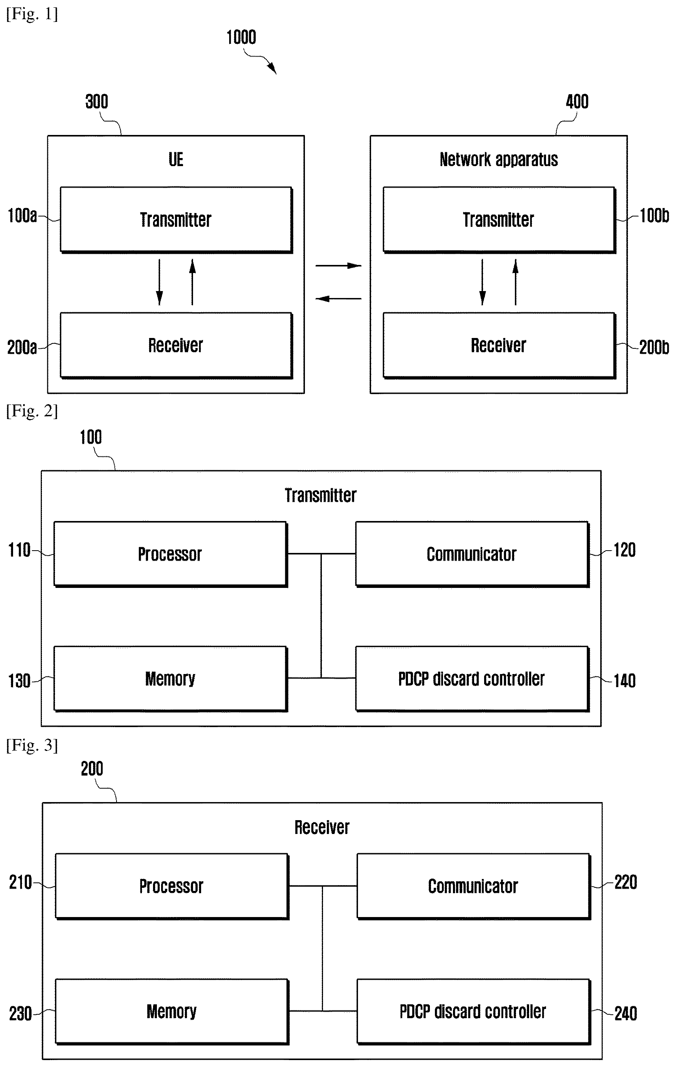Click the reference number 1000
pyautogui.click(x=241, y=37)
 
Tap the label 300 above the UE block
pyautogui.click(x=97, y=102)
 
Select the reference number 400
pyautogui.click(x=577, y=102)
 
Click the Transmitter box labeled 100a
pyautogui.click(x=176, y=220)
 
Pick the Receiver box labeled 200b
pyautogui.click(x=499, y=346)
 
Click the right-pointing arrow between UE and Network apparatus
pyautogui.click(x=338, y=266)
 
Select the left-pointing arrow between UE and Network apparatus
pyautogui.click(x=338, y=299)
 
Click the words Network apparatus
pyautogui.click(x=499, y=160)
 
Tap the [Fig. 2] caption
pyautogui.click(x=32, y=411)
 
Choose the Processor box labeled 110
pyautogui.click(x=171, y=554)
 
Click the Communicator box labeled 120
pyautogui.click(x=472, y=554)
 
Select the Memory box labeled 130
pyautogui.click(x=171, y=679)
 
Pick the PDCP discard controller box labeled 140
pyautogui.click(x=472, y=679)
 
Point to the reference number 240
pyautogui.click(x=626, y=1014)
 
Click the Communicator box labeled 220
pyautogui.click(x=474, y=887)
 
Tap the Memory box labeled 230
pyautogui.click(x=172, y=1012)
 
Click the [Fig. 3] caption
pyautogui.click(x=32, y=745)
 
